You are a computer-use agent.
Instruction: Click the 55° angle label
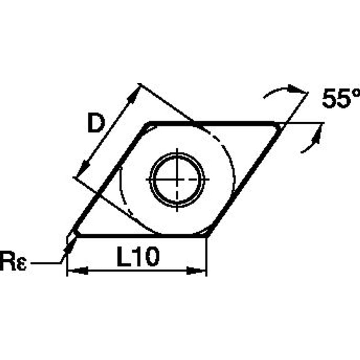click(341, 99)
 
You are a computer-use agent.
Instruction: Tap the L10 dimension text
click(137, 257)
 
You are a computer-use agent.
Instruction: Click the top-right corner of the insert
click(278, 125)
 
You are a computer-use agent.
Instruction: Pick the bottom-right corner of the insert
click(205, 234)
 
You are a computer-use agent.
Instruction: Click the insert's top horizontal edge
click(211, 123)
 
